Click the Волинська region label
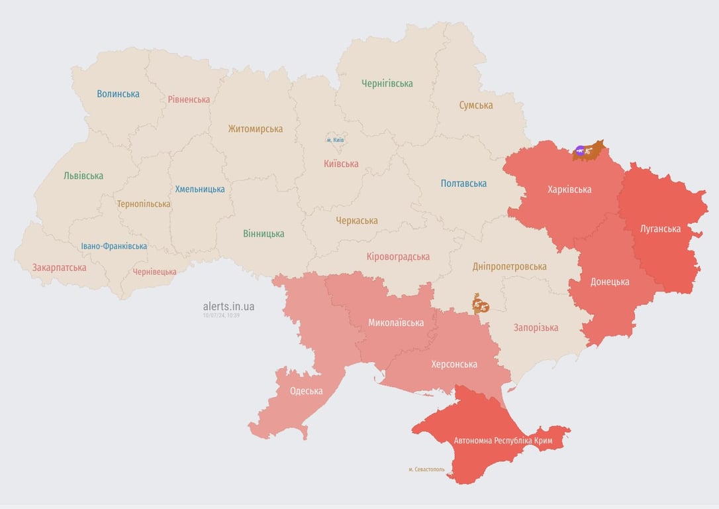pyautogui.click(x=118, y=94)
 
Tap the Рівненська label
pyautogui.click(x=189, y=99)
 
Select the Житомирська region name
pyautogui.click(x=255, y=129)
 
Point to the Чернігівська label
pyautogui.click(x=387, y=84)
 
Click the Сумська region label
pyautogui.click(x=475, y=105)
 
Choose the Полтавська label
pyautogui.click(x=463, y=183)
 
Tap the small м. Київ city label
pyautogui.click(x=336, y=140)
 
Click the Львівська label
pyautogui.click(x=83, y=176)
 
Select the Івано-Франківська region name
pyautogui.click(x=114, y=246)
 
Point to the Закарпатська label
pyautogui.click(x=59, y=268)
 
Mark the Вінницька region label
pyautogui.click(x=264, y=233)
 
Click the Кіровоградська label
pyautogui.click(x=398, y=256)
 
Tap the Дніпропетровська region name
pyautogui.click(x=509, y=266)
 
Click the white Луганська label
pyautogui.click(x=660, y=229)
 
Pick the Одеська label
pyautogui.click(x=306, y=391)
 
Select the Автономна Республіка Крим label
pyautogui.click(x=503, y=441)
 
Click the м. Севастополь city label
pyautogui.click(x=426, y=469)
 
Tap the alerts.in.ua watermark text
pyautogui.click(x=228, y=306)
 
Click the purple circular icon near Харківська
pyautogui.click(x=580, y=151)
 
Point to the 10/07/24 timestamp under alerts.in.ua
pyautogui.click(x=221, y=315)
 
